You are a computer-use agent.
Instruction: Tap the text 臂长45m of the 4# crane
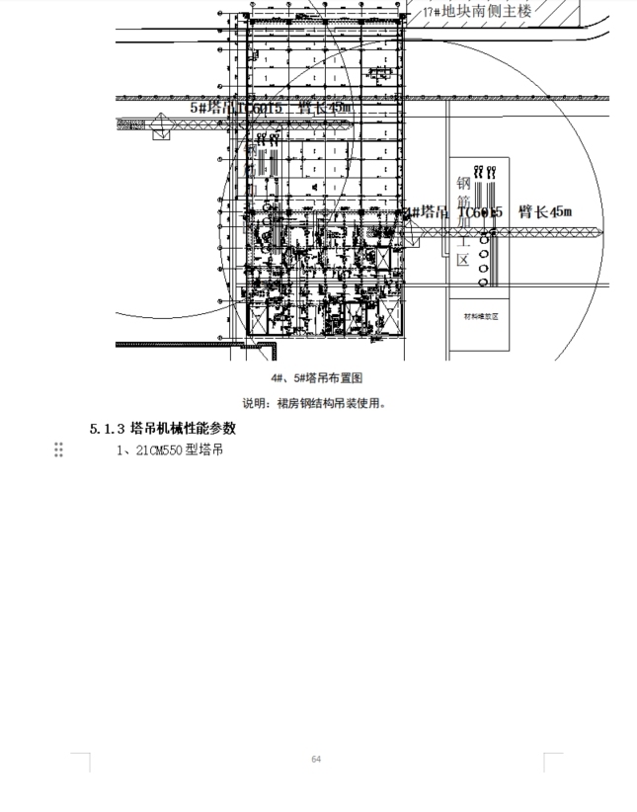coord(545,211)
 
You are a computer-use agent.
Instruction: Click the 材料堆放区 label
coord(481,317)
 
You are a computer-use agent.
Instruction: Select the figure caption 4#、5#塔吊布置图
coord(318,378)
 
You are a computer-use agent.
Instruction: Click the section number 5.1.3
coord(107,429)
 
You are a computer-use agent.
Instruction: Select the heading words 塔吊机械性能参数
coord(183,429)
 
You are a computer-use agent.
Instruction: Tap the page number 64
coord(316,759)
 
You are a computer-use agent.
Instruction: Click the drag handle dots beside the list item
coord(58,450)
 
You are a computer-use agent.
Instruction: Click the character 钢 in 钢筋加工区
coord(461,184)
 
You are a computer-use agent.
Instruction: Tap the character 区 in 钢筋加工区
coord(461,260)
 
